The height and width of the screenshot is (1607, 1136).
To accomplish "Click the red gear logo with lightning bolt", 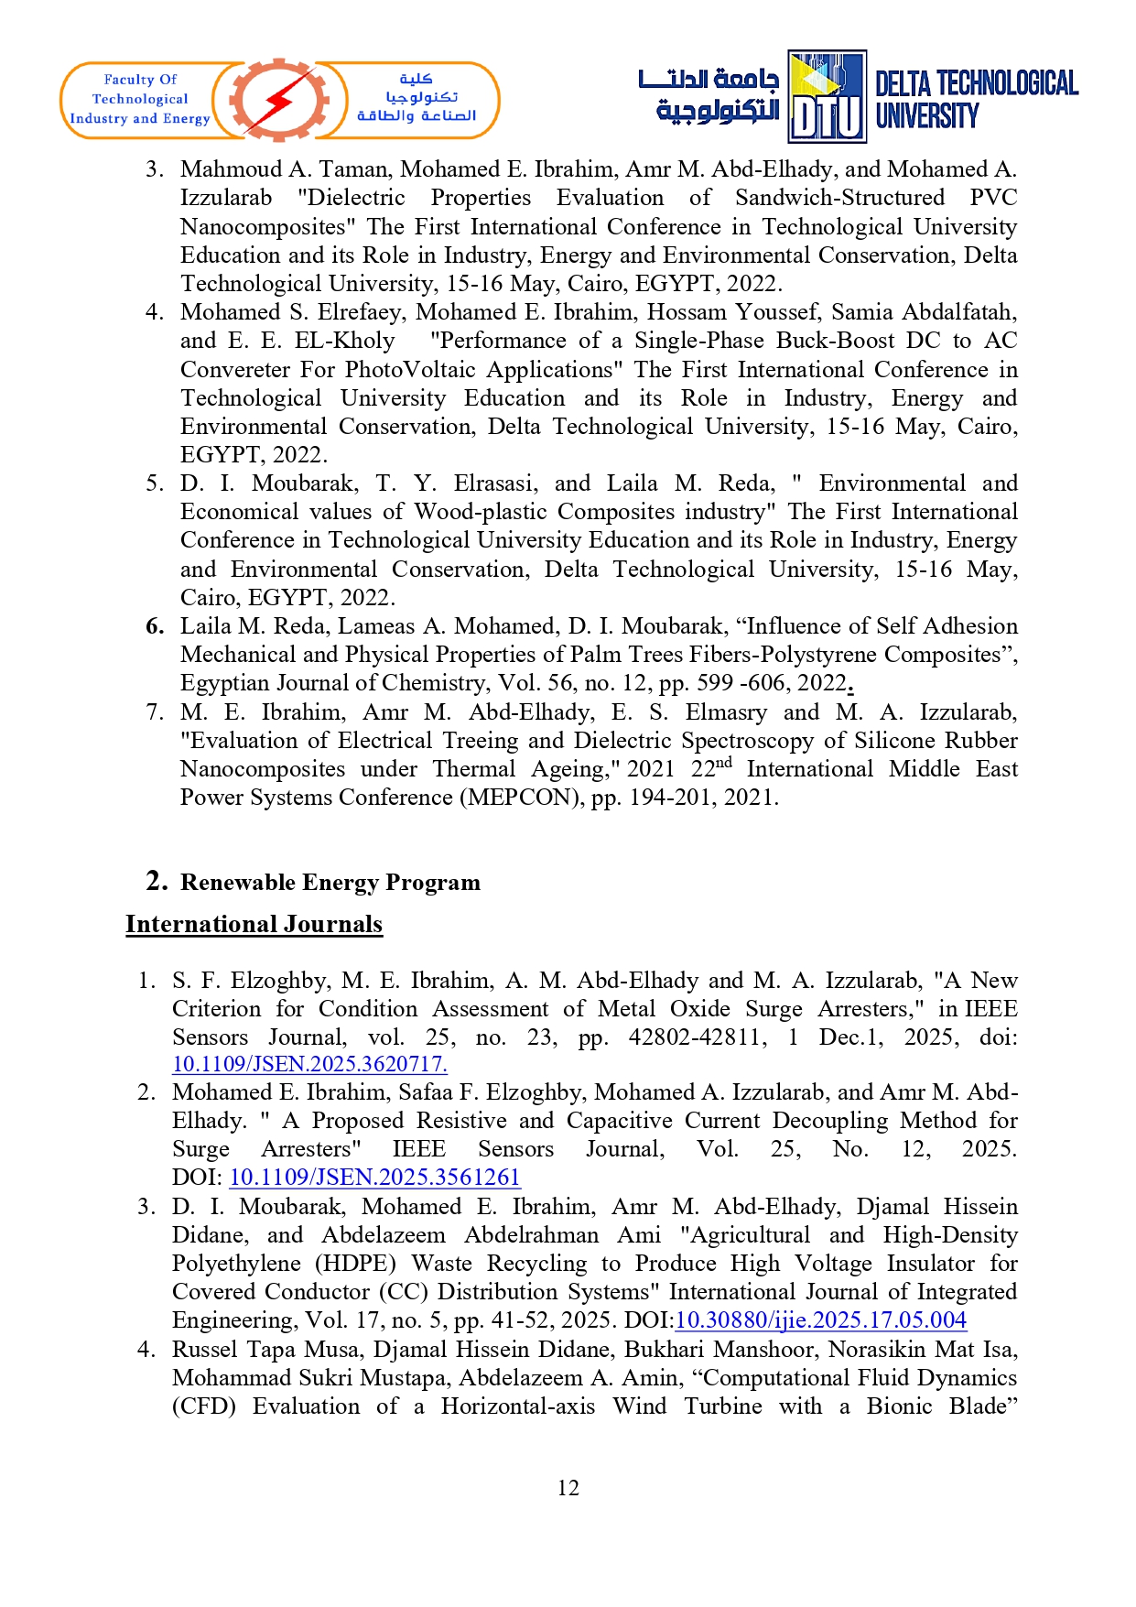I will (x=279, y=100).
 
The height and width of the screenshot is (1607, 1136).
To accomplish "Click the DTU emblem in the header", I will (x=827, y=97).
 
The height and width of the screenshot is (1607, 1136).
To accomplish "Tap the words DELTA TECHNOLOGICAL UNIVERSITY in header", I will (x=976, y=99).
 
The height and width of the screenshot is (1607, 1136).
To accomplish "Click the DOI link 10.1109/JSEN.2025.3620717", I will (x=309, y=1064).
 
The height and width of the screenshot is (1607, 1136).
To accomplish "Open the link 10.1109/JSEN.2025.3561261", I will (x=374, y=1178).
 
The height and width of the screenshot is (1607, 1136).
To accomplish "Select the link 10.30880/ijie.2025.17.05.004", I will (x=820, y=1320).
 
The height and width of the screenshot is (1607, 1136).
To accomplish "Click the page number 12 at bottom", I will (x=568, y=1488).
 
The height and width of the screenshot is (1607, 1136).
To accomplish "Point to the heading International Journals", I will (x=254, y=925).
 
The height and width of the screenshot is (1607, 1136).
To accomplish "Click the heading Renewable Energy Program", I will (x=330, y=883).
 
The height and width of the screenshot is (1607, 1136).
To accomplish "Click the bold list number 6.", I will (x=155, y=626).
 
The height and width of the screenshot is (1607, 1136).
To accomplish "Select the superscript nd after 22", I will (x=724, y=762).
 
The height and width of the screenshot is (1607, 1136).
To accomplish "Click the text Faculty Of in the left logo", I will (x=140, y=80).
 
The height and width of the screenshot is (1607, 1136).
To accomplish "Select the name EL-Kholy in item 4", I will (x=344, y=341).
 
